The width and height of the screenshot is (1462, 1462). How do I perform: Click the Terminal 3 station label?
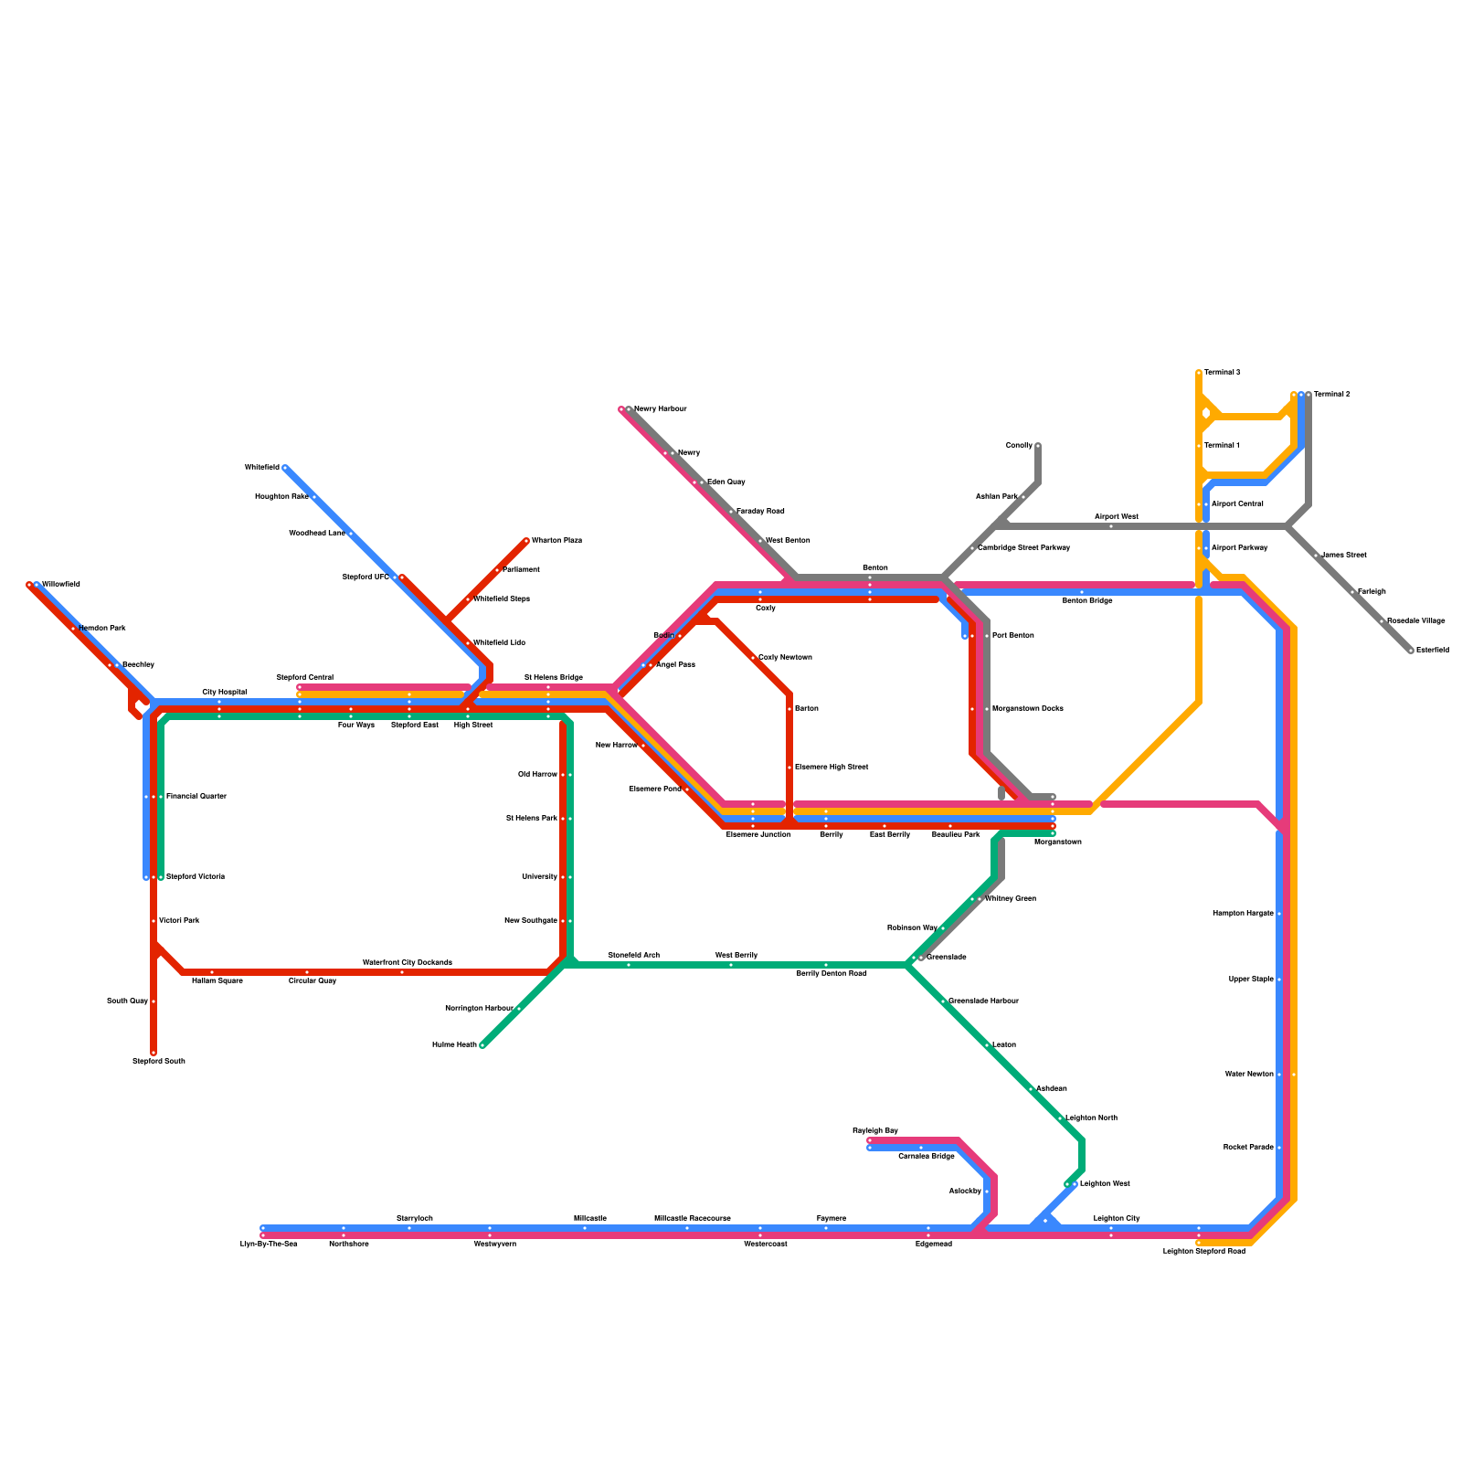[1222, 373]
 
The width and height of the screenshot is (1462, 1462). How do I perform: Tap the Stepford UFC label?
[365, 577]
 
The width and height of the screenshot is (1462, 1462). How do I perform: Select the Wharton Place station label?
[556, 541]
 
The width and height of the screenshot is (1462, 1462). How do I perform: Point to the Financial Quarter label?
[196, 797]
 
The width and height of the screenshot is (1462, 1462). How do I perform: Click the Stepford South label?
[159, 1062]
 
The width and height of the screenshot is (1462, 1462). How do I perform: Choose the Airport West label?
[1117, 517]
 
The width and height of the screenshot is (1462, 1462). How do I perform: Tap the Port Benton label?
[1012, 635]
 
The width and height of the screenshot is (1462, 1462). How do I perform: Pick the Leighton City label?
[1117, 1219]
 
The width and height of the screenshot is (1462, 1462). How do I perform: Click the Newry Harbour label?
[660, 409]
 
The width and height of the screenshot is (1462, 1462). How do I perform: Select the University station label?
[539, 877]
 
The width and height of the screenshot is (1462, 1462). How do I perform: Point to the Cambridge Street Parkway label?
[1023, 548]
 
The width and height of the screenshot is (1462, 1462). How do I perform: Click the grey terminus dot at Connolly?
[1038, 446]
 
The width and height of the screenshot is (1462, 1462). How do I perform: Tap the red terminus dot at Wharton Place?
[526, 541]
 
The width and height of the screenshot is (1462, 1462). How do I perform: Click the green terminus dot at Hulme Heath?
[482, 1045]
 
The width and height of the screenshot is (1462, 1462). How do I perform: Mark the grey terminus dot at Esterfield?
[1411, 651]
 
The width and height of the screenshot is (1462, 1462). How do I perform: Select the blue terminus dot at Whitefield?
[285, 468]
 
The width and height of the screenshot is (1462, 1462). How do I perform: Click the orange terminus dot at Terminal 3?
[1199, 373]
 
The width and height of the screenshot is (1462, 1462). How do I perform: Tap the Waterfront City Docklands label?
[408, 963]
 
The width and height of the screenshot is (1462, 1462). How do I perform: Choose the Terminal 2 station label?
[1332, 395]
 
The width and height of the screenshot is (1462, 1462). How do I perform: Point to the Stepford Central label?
[305, 678]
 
